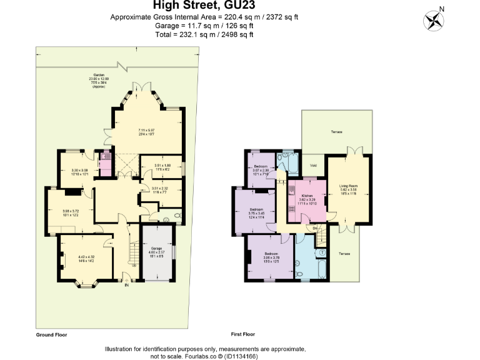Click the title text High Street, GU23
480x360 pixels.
204,6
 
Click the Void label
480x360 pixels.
314,166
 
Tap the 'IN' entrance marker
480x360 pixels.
127,285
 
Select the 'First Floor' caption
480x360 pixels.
241,334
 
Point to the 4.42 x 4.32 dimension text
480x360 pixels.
86,256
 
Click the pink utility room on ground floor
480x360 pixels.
105,164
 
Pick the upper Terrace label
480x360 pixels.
337,132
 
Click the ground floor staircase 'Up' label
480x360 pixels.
132,265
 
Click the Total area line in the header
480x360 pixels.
204,34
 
